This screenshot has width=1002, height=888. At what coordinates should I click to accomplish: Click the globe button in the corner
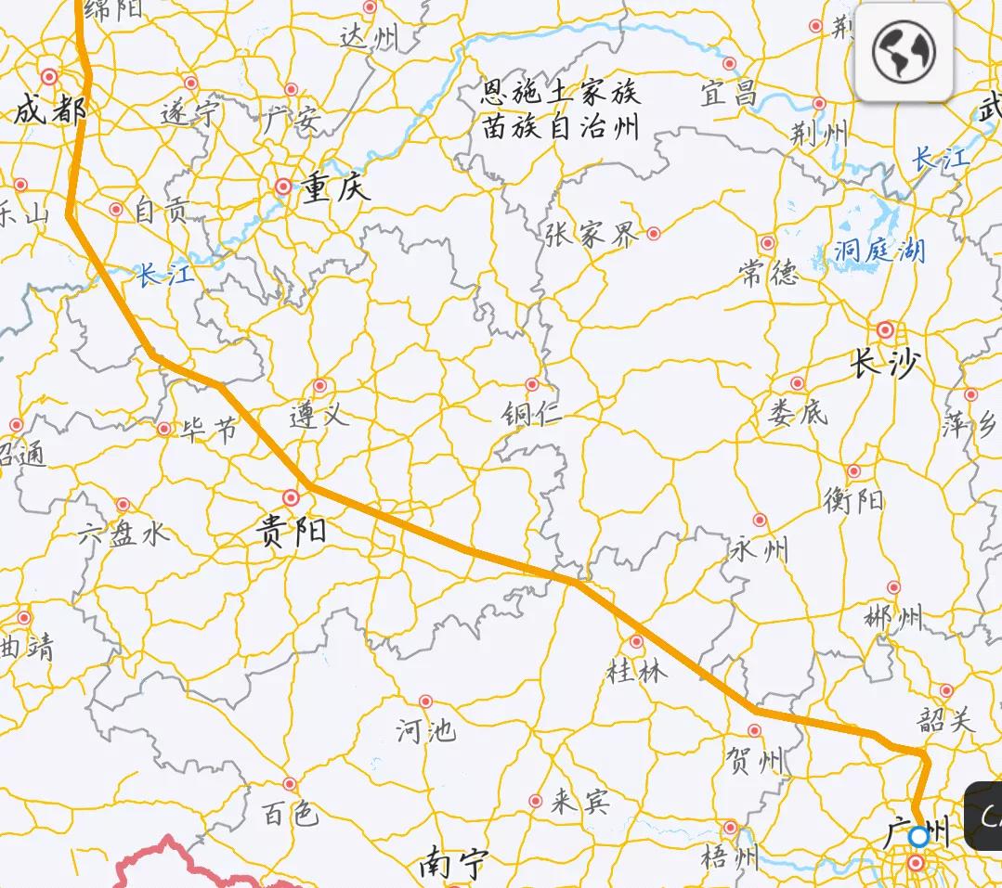904,52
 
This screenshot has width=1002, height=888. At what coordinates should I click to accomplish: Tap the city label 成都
49,111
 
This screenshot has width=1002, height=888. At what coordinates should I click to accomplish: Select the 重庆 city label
335,188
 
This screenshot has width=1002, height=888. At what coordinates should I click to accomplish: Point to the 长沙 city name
883,365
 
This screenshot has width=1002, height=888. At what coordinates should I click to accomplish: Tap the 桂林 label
636,670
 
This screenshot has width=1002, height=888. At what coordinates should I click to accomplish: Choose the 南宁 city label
452,865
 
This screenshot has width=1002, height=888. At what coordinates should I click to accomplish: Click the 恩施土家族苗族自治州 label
560,109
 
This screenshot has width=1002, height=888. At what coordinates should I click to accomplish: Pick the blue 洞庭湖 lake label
879,251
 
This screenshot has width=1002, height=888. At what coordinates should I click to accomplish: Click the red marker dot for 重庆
283,187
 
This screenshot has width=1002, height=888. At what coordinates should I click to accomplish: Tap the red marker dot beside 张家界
654,233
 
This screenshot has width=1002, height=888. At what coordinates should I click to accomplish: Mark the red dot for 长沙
885,329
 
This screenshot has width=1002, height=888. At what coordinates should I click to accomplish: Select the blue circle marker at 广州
918,836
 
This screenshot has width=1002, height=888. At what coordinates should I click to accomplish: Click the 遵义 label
319,415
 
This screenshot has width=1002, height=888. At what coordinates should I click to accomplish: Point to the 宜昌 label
729,93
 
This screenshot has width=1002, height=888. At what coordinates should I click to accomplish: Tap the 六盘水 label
124,534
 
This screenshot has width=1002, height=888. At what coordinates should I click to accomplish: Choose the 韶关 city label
946,719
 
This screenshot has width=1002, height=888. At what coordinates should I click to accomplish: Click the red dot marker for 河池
425,701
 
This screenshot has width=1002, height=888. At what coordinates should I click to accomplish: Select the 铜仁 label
531,413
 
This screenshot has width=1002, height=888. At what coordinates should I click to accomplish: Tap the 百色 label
290,814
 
